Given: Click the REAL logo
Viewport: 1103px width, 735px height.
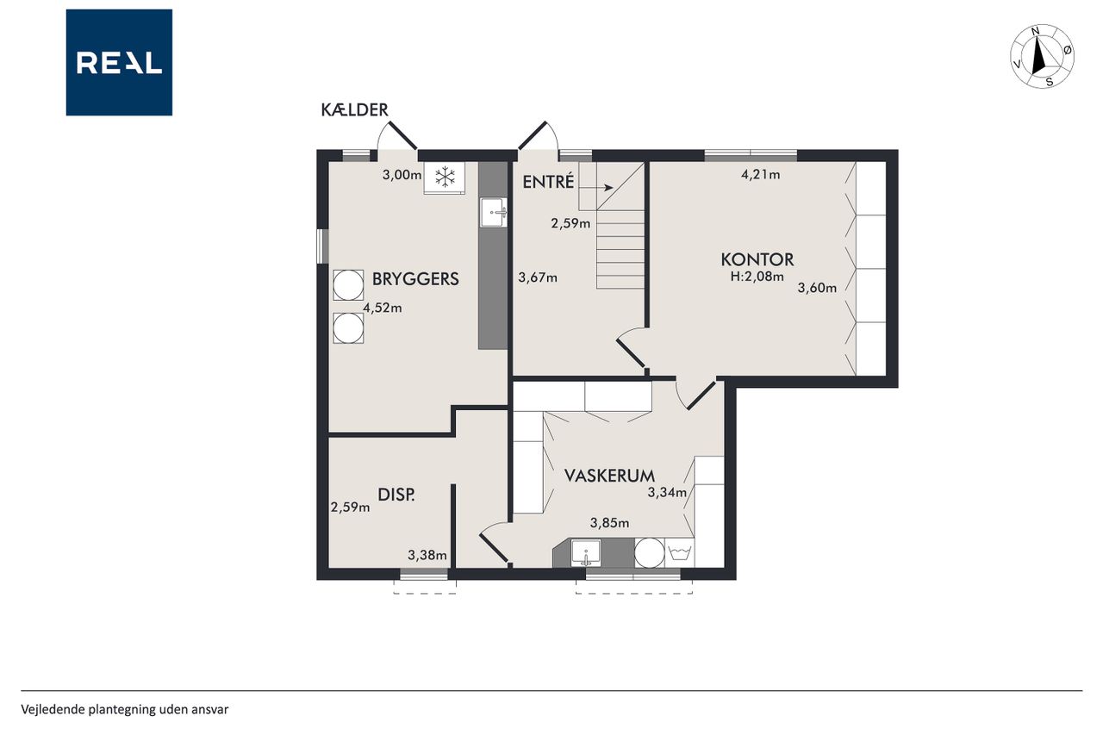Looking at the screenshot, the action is tap(119, 63).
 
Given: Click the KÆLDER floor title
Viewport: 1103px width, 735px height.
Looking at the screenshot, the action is tap(354, 109).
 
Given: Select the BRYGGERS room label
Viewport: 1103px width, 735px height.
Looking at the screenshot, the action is tap(415, 278).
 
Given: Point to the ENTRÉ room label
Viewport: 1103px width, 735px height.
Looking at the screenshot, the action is tap(548, 182).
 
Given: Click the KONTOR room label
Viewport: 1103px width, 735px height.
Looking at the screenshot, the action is tap(757, 259).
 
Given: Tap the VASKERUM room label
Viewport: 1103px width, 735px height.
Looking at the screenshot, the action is tap(609, 476).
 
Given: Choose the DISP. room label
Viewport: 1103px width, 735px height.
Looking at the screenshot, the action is tap(396, 495).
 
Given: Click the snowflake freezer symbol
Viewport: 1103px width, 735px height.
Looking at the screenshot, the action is tap(446, 177).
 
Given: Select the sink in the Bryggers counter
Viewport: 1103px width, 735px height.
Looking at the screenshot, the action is tap(494, 213).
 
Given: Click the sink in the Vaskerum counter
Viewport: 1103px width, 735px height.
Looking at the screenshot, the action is tap(585, 553).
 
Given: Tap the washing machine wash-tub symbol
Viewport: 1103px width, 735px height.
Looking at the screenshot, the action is tap(680, 553).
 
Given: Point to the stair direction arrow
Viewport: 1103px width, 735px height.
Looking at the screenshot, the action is tap(595, 188).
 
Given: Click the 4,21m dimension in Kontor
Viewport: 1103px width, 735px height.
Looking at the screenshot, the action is tap(760, 174).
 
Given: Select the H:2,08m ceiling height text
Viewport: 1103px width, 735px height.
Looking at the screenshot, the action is tap(757, 277).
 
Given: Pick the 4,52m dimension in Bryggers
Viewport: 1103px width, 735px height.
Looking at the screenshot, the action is tap(383, 308).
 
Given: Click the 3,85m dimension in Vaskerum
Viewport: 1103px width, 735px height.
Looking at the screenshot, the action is tap(609, 523).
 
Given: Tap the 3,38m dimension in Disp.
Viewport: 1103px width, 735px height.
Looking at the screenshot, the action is tap(427, 555).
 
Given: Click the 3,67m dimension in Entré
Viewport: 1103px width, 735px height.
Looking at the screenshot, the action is tap(538, 277).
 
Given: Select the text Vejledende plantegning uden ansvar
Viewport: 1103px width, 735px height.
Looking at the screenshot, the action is tap(125, 709).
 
